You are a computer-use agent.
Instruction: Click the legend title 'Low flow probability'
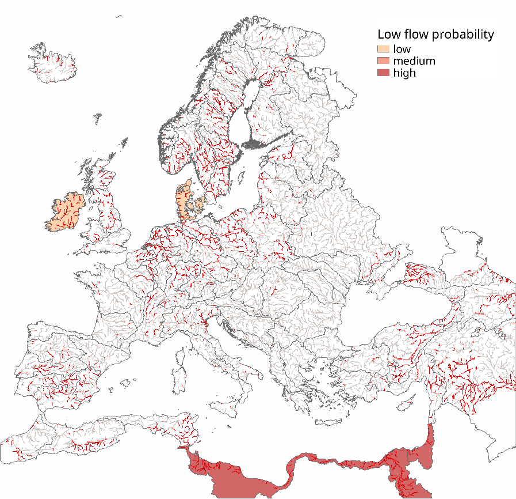click(x=435, y=35)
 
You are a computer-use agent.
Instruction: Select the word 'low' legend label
click(x=402, y=49)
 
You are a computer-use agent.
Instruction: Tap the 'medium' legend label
click(x=414, y=61)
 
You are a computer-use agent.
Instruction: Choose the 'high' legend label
click(x=404, y=73)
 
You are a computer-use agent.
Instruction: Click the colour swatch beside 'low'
click(x=383, y=49)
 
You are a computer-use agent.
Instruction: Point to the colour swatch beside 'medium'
click(x=383, y=61)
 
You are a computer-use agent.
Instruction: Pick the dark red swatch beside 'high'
click(x=383, y=73)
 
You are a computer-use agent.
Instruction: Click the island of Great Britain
click(x=106, y=213)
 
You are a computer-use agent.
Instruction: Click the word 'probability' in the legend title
click(x=463, y=35)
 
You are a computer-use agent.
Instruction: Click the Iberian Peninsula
click(x=63, y=369)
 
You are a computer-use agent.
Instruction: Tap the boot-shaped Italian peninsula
click(x=230, y=357)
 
